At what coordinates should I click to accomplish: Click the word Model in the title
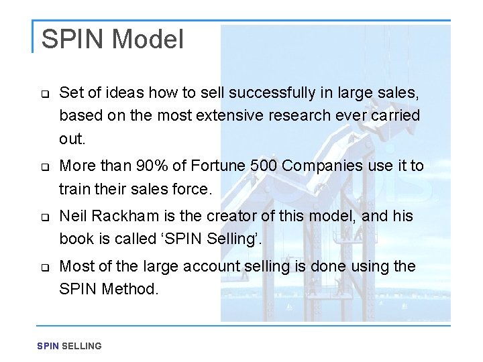pos(148,39)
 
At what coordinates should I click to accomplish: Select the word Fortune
pos(214,166)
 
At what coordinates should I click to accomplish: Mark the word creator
pos(228,217)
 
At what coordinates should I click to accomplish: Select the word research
pos(293,115)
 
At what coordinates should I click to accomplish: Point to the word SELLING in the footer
pos(81,346)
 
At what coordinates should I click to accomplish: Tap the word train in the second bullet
pos(73,189)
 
